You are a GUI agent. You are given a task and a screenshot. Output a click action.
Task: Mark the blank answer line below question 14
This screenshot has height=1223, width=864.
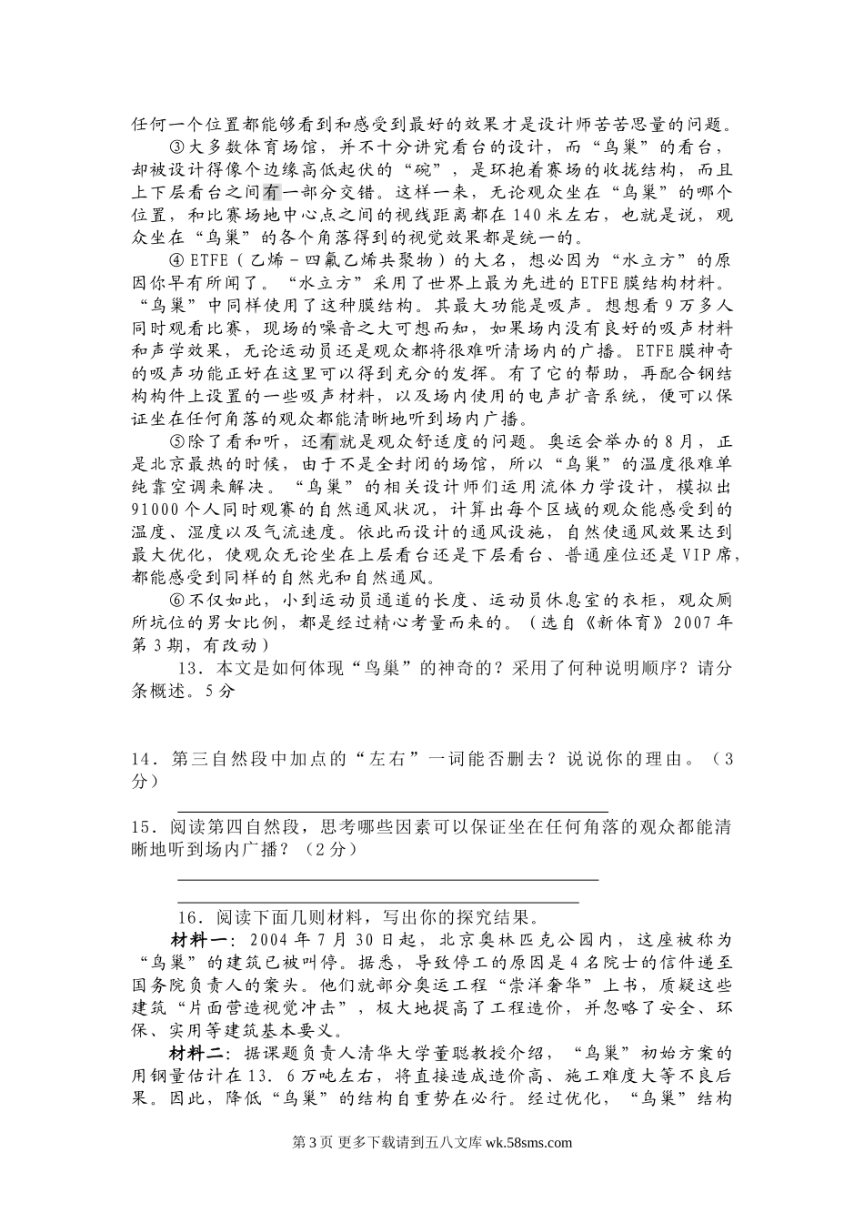(x=392, y=809)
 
